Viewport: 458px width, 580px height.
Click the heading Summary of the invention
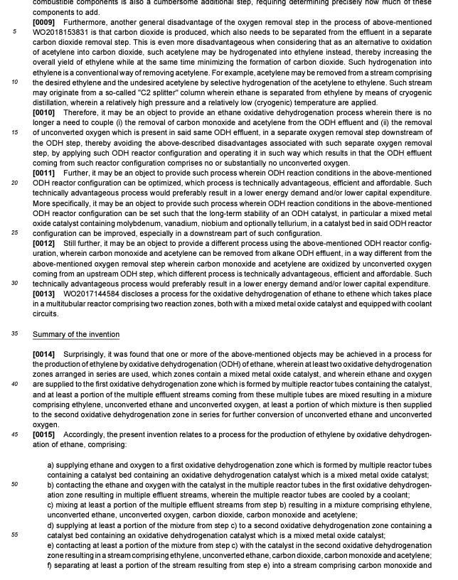pos(75,334)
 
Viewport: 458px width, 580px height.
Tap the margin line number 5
pos(14,32)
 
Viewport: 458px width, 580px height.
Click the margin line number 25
pos(14,233)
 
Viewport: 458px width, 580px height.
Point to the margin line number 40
pos(14,384)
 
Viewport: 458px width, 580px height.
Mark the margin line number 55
pos(14,535)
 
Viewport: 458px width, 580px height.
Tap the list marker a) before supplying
pos(51,465)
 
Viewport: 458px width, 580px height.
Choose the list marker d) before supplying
pos(51,525)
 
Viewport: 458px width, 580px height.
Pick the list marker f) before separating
pos(50,566)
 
